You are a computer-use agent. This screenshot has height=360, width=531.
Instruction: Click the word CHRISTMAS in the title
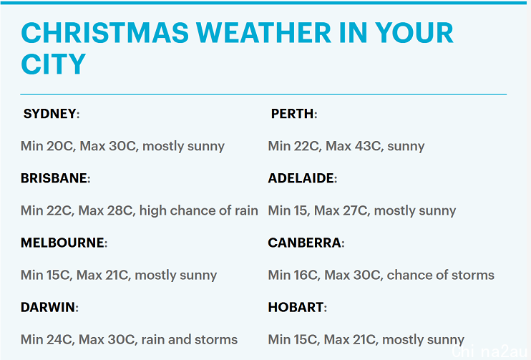pos(105,33)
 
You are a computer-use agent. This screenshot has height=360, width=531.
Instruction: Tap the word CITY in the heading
pos(54,64)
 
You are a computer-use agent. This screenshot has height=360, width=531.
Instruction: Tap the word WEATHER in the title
pos(264,33)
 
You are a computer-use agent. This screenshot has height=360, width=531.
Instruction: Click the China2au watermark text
pos(489,352)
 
